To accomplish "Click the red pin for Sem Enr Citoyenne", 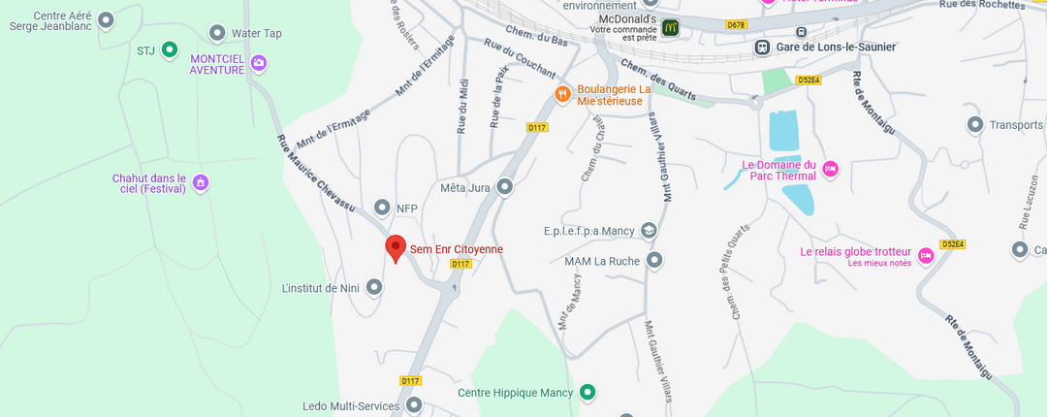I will point(395,247).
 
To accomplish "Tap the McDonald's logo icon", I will point(669,27).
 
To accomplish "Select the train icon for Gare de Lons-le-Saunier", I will point(763,47).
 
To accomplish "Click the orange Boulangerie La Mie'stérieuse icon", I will point(561,94).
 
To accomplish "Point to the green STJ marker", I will point(169,48).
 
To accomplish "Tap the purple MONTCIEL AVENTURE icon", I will point(258,64).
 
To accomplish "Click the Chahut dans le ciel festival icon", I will point(200,182).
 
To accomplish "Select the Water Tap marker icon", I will point(215,34).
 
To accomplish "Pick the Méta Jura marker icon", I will point(504,187).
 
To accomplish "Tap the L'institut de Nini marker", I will point(374,287).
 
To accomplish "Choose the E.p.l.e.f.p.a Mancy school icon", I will point(649,231).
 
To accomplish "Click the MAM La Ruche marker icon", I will point(654,260).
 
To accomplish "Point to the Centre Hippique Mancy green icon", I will point(587,393).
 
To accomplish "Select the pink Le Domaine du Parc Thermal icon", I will point(830,170).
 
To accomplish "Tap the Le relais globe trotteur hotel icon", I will point(925,255).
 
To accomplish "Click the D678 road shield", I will point(736,25).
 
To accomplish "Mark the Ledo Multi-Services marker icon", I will point(414,404).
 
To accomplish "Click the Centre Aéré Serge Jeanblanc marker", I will point(107,19).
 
